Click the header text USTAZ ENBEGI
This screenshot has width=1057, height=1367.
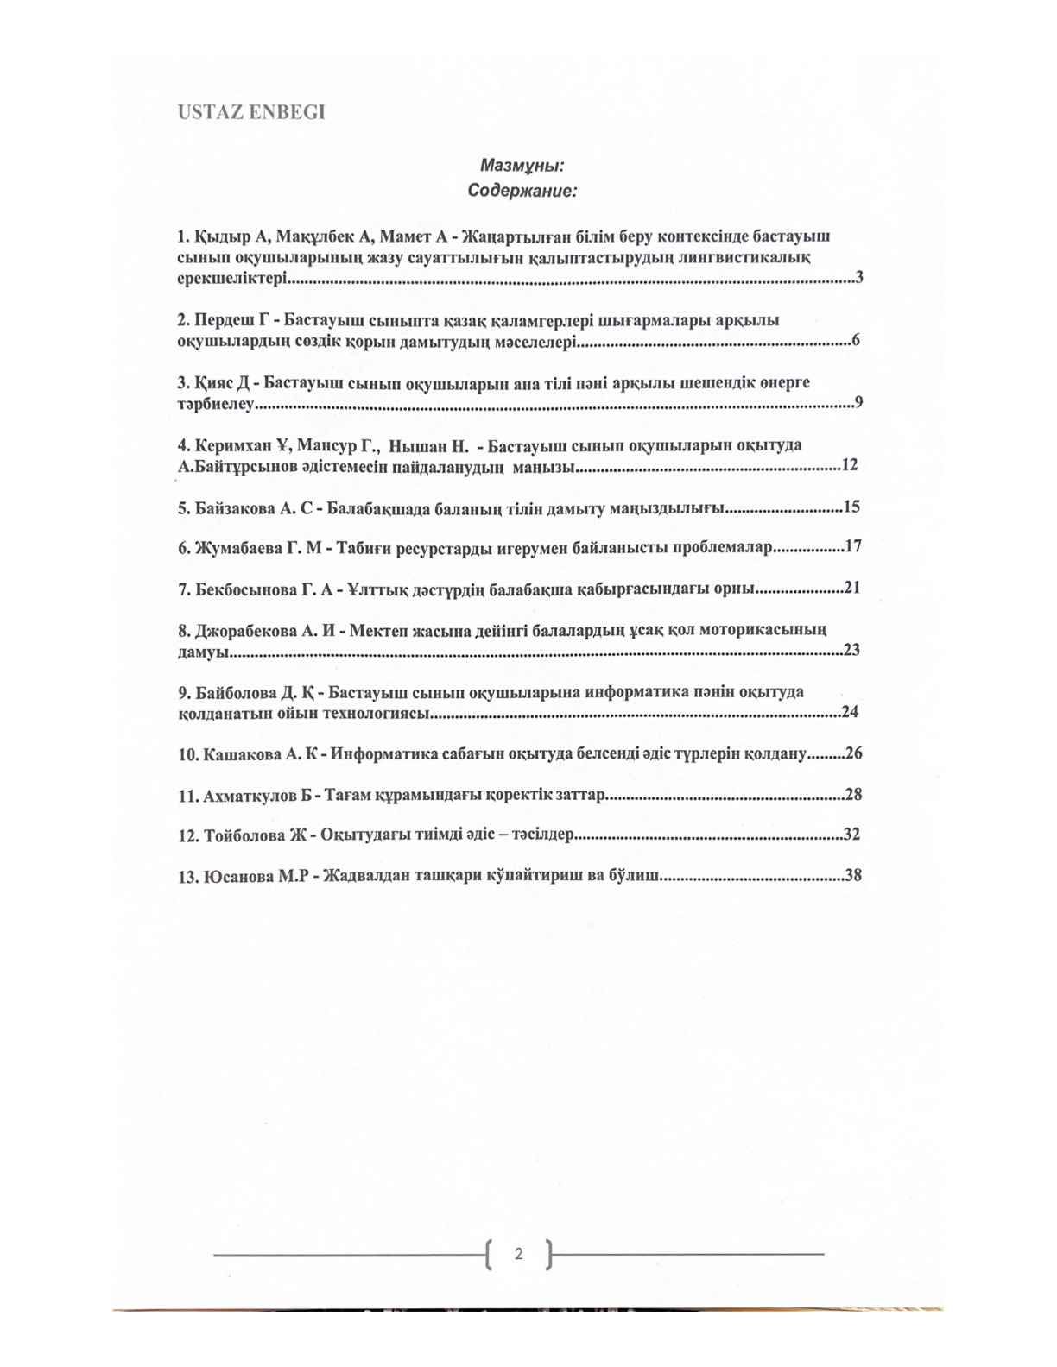(x=250, y=113)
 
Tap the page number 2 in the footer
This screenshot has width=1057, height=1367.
(x=518, y=1254)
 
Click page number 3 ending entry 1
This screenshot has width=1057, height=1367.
(x=859, y=278)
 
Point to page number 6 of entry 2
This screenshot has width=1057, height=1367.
(x=856, y=340)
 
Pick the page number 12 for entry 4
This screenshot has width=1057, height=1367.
(x=849, y=465)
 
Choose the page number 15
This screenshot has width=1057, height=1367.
(x=851, y=507)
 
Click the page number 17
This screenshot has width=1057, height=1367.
(x=853, y=547)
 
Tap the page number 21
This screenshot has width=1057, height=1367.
(x=853, y=588)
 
